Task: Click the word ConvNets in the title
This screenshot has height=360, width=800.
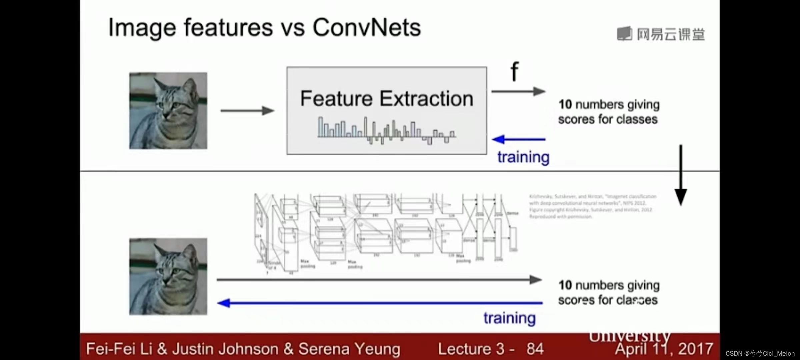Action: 367,27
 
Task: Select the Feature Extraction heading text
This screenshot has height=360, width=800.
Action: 387,99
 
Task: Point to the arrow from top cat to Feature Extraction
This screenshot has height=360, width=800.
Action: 247,111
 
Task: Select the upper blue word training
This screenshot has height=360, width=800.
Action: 523,157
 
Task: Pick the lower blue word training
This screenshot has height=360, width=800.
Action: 510,318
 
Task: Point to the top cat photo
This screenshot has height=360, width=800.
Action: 168,111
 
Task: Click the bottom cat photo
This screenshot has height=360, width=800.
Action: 168,276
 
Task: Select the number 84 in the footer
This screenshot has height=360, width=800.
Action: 535,349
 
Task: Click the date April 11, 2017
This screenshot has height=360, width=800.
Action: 664,349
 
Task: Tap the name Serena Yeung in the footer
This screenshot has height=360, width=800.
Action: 349,349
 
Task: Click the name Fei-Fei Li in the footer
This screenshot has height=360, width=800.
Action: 119,349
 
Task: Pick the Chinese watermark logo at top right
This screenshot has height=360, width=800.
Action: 661,34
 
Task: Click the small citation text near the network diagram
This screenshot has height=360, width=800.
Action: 593,206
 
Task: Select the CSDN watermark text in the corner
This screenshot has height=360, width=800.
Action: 760,353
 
